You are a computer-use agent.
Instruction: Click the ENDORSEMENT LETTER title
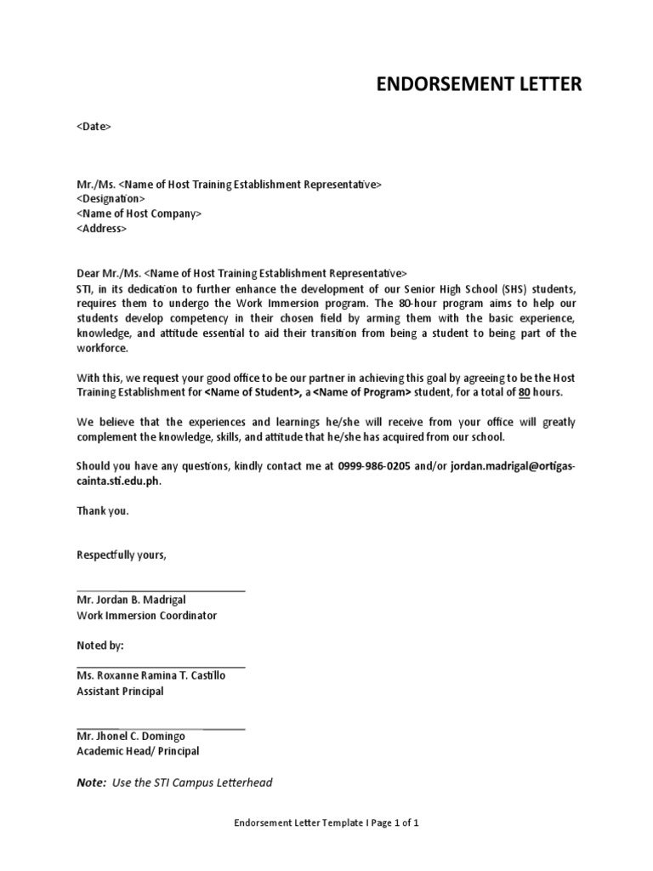coord(479,83)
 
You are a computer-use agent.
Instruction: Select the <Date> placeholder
coord(94,127)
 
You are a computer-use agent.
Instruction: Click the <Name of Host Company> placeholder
coord(139,213)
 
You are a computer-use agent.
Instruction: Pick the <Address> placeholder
coord(101,229)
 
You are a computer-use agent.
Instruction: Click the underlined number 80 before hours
coord(525,392)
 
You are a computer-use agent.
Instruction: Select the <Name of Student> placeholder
coord(250,392)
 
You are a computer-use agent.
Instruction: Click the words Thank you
coord(102,511)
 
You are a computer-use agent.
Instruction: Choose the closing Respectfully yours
coord(122,555)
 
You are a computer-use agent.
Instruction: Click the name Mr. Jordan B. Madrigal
coord(131,600)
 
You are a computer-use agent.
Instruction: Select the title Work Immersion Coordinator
coord(146,615)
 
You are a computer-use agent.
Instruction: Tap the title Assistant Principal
coord(120,692)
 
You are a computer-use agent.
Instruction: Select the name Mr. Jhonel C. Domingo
coord(130,736)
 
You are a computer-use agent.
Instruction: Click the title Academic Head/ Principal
coord(138,751)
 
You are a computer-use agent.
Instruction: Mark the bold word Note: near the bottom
coord(91,782)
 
